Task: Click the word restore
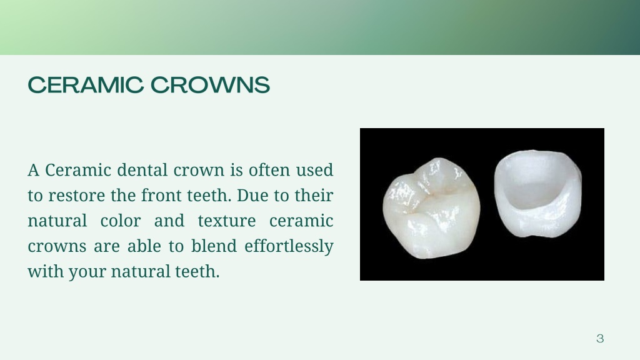point(77,196)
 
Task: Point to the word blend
point(217,246)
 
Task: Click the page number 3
point(600,339)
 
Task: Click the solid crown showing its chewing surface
point(431,206)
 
